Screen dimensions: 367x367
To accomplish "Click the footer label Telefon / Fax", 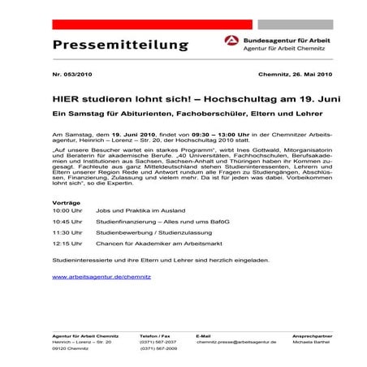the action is [155, 335].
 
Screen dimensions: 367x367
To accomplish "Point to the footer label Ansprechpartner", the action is [295, 335].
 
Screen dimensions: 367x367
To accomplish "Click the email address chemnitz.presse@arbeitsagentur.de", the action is [236, 343].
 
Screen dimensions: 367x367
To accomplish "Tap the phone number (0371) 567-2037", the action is [158, 343].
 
